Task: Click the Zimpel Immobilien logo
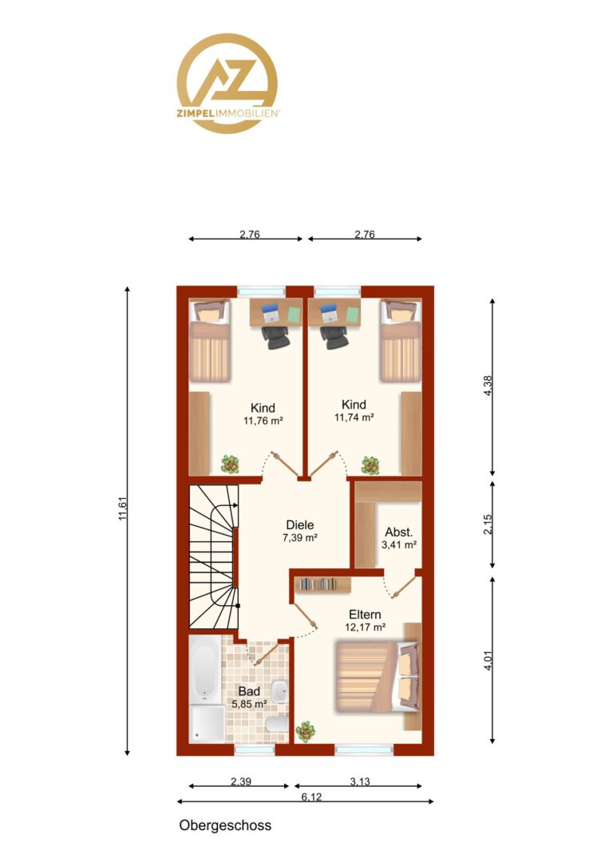pyautogui.click(x=227, y=83)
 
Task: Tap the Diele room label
pyautogui.click(x=300, y=525)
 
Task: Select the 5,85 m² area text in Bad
pyautogui.click(x=250, y=704)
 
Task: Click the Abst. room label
pyautogui.click(x=398, y=532)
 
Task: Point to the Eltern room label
pyautogui.click(x=365, y=615)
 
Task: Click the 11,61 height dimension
pyautogui.click(x=123, y=508)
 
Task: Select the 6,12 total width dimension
pyautogui.click(x=311, y=797)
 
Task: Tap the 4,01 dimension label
pyautogui.click(x=488, y=660)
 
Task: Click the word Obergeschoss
pyautogui.click(x=225, y=826)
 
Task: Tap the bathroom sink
pyautogui.click(x=280, y=690)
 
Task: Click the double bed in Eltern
pyautogui.click(x=377, y=676)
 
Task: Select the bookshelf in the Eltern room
pyautogui.click(x=323, y=585)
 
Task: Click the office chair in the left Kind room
pyautogui.click(x=275, y=337)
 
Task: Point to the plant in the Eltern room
pyautogui.click(x=305, y=733)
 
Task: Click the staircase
pyautogui.click(x=213, y=556)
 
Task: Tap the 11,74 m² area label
pyautogui.click(x=354, y=417)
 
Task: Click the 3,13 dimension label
pyautogui.click(x=360, y=781)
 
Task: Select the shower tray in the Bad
pyautogui.click(x=208, y=723)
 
